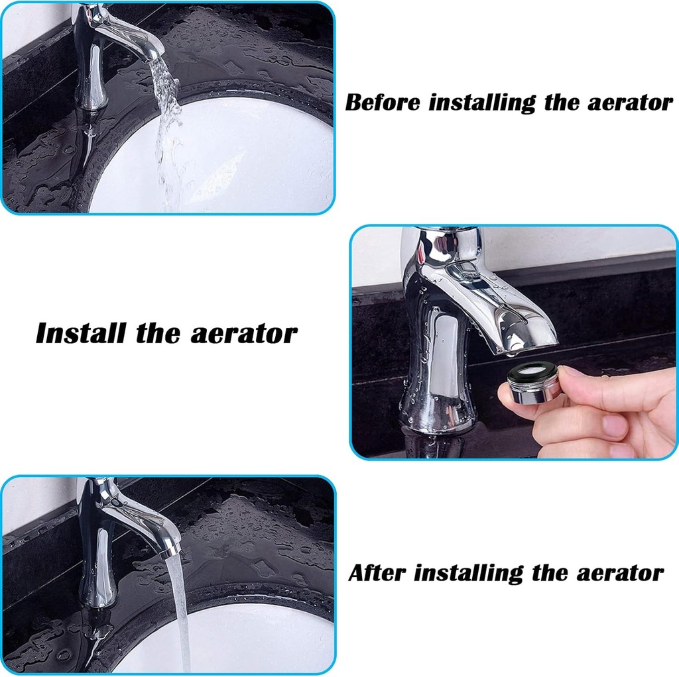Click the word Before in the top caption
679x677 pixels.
coord(383,103)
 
